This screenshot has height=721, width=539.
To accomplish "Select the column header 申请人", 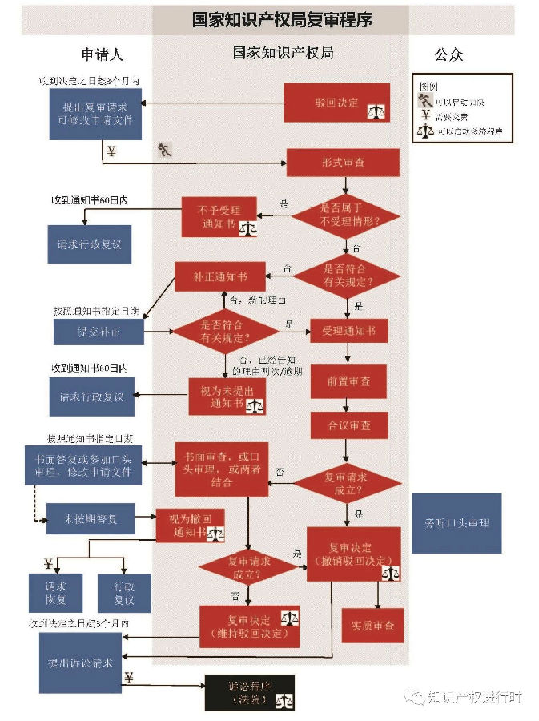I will point(103,54).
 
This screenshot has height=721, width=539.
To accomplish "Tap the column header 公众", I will point(448,54).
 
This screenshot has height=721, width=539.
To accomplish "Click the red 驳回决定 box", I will point(336,103).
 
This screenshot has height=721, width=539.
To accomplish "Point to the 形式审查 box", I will point(343,163).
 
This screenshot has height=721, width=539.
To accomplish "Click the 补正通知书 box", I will point(219,276).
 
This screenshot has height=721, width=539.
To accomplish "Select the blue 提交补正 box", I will point(99,332).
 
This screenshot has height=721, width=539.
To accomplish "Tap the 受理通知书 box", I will point(348,330).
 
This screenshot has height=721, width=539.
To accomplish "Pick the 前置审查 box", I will point(348,381).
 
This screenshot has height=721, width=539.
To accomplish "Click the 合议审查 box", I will point(348,425).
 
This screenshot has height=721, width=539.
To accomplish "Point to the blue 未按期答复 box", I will point(91,519).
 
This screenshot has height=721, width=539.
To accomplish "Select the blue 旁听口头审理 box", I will point(457,523).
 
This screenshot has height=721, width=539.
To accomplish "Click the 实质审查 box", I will point(372,625).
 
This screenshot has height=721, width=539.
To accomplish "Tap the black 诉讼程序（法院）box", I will point(249,693).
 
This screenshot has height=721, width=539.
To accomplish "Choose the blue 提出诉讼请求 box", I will point(80,662).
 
